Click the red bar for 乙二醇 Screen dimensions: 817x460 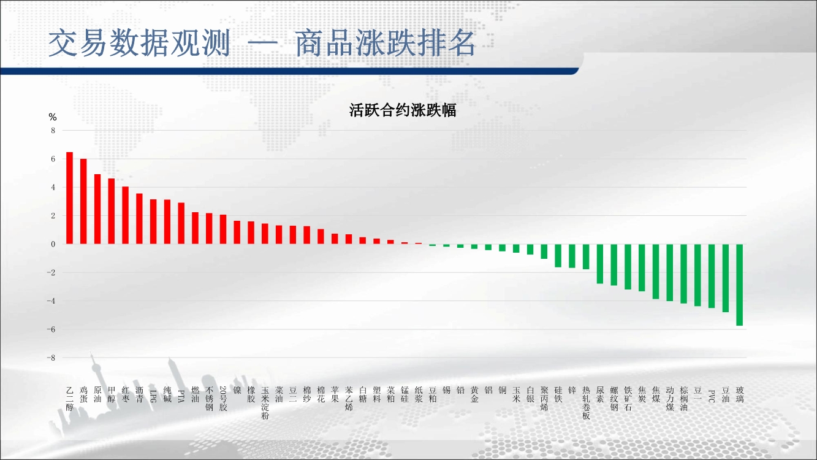click(x=69, y=198)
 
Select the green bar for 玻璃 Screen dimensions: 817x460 click(x=739, y=285)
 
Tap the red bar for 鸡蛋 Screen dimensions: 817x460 click(x=83, y=201)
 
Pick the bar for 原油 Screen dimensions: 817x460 click(x=97, y=209)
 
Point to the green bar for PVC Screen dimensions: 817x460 click(x=712, y=276)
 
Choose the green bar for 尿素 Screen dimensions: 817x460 click(x=600, y=264)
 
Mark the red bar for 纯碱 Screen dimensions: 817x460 click(x=167, y=221)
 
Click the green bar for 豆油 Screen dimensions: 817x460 click(x=726, y=278)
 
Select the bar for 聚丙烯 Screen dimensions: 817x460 click(x=544, y=251)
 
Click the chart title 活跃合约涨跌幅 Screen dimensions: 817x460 click(x=402, y=110)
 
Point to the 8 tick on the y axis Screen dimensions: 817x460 click(x=53, y=131)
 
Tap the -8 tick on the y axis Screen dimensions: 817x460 click(x=51, y=358)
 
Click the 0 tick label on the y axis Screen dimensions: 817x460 click(x=53, y=244)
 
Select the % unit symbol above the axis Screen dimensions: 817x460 click(x=53, y=117)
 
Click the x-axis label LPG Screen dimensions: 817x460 click(x=153, y=396)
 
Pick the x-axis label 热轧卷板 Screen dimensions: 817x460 click(x=586, y=403)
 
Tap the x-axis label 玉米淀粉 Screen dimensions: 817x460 click(x=265, y=403)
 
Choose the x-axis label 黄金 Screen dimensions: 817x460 click(x=474, y=394)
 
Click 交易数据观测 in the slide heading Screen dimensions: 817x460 click(x=139, y=44)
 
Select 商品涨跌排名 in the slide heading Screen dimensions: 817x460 click(x=385, y=44)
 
